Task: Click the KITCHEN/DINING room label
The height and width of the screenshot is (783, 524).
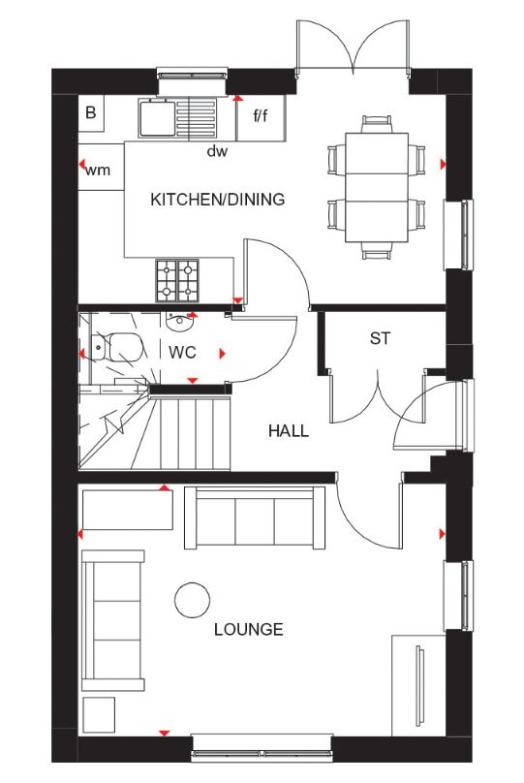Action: (x=217, y=201)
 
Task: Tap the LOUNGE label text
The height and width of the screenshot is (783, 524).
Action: (x=250, y=630)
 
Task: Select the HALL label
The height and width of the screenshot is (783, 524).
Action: (x=289, y=430)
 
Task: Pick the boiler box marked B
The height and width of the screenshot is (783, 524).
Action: (x=91, y=113)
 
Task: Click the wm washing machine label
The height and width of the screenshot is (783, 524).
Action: (x=98, y=171)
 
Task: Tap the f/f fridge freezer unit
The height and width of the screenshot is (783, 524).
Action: (x=261, y=117)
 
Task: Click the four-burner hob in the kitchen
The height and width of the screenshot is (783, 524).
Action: (x=177, y=279)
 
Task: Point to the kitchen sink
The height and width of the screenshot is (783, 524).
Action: (x=157, y=119)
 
